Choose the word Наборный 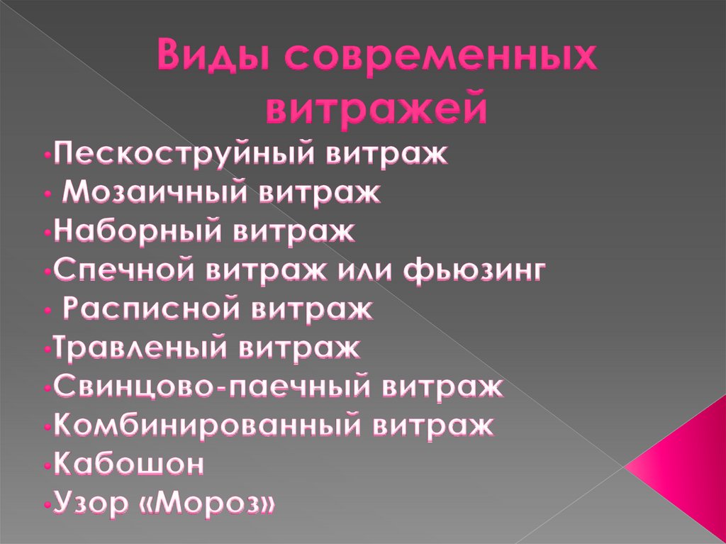pyautogui.click(x=132, y=231)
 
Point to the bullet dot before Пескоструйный pyautogui.click(x=45, y=156)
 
